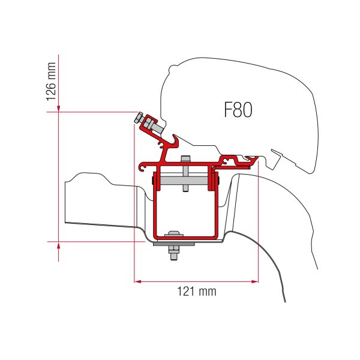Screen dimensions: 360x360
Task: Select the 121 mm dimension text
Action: (196, 292)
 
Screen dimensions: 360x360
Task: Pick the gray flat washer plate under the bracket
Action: (174, 244)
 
